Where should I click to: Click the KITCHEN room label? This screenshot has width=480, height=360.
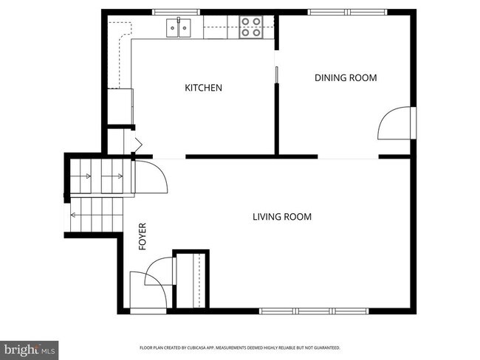203,88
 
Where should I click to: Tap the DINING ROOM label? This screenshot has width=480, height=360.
346,77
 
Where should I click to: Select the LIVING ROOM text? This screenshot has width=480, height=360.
281,217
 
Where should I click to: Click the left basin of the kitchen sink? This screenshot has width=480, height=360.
174,29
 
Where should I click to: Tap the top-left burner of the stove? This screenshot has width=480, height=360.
245,23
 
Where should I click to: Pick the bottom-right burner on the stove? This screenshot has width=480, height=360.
257,32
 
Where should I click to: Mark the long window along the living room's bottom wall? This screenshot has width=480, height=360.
314,311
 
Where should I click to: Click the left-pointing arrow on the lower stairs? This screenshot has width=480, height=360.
75,215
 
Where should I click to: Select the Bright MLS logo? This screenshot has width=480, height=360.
30,347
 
